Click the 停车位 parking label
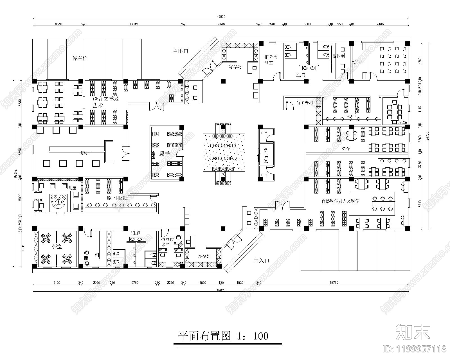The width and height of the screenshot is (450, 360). (80, 58)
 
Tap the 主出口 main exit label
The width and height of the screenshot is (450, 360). (180, 51)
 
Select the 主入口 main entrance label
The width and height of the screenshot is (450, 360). (261, 261)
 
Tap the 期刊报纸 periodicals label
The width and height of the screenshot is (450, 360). (117, 198)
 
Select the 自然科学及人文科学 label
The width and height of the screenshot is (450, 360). (340, 201)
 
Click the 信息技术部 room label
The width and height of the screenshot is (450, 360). (165, 242)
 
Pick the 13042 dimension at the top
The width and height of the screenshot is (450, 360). (134, 24)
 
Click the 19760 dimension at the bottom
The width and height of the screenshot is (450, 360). (334, 283)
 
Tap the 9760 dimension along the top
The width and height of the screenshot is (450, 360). (221, 24)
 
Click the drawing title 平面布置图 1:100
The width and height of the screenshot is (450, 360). (224, 336)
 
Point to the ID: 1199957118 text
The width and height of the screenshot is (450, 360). (415, 349)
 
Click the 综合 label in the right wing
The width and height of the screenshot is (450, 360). (346, 149)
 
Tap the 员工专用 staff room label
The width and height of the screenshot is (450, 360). (305, 103)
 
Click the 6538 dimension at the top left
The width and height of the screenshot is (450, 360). (58, 24)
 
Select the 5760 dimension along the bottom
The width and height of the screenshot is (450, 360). (135, 283)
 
